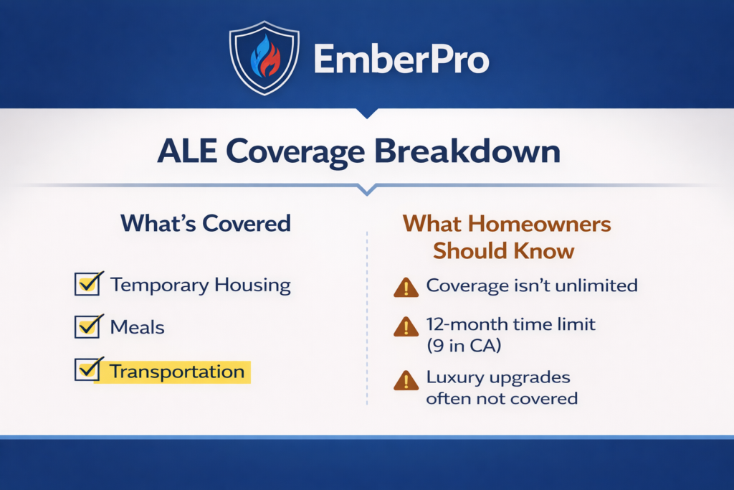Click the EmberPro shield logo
click(264, 58)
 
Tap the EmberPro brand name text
click(401, 59)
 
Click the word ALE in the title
click(187, 151)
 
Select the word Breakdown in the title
click(467, 151)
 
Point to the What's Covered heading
click(206, 223)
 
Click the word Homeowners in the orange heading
click(539, 223)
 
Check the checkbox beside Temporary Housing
click(87, 283)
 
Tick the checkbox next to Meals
click(87, 326)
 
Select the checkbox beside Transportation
click(87, 369)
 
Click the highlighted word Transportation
click(178, 372)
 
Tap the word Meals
click(137, 327)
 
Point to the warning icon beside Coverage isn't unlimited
click(406, 288)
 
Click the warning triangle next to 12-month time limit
click(406, 326)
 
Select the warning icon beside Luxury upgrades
click(406, 380)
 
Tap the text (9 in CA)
click(464, 346)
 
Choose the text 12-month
click(459, 324)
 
